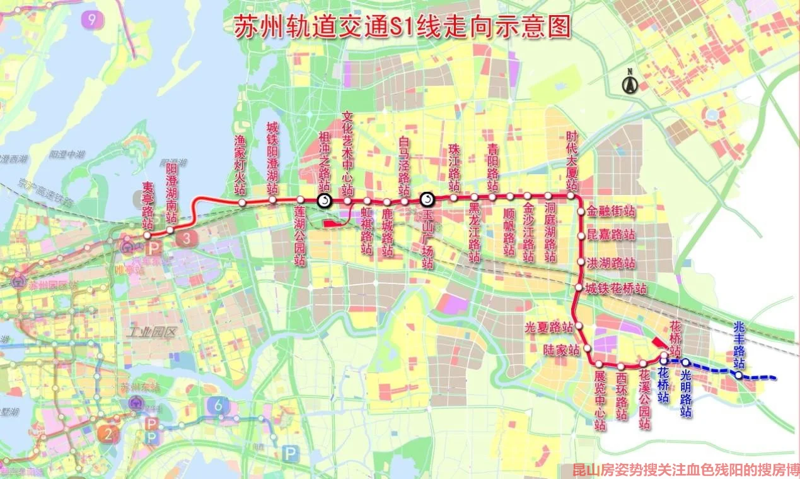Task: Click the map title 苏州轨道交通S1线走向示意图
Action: coord(402,27)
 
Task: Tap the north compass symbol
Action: coord(629,83)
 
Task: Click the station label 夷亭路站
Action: coord(148,206)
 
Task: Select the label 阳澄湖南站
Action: coord(171,191)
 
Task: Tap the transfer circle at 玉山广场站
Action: coord(427,200)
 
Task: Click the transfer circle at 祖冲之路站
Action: coord(324,201)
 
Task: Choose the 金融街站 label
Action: coord(611,211)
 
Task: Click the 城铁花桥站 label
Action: coord(616,289)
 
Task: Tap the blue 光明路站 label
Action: coord(686,393)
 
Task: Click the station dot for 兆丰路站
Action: coord(738,375)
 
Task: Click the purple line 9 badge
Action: coord(92,20)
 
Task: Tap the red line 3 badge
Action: coord(187,238)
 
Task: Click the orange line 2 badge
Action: coord(107,434)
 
